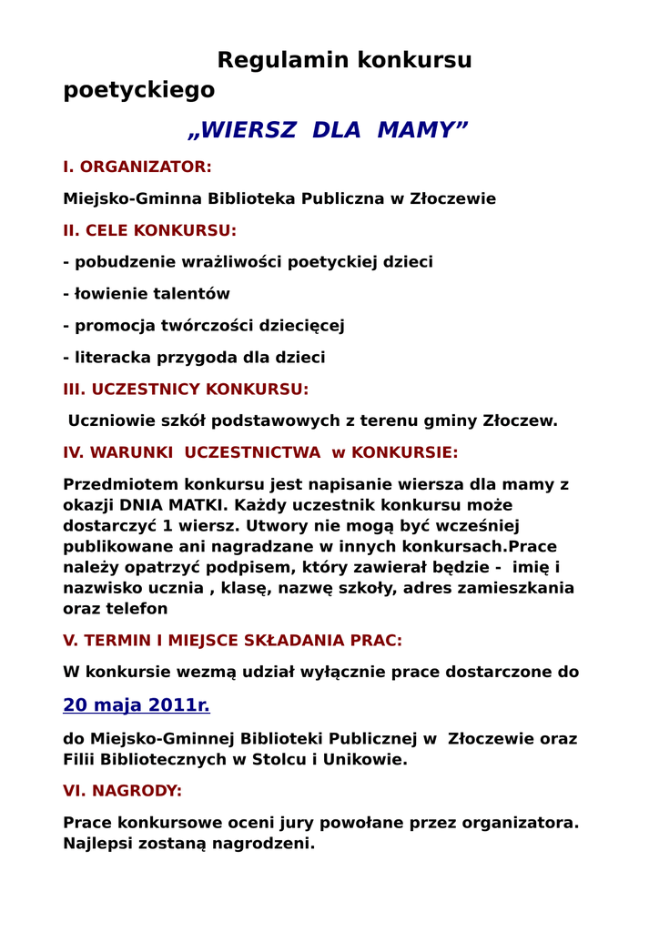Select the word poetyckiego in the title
[139, 90]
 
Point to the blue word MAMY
[421, 130]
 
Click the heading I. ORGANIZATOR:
[137, 167]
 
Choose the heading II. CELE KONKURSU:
[149, 230]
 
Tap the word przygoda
[183, 358]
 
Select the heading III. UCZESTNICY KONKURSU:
[186, 390]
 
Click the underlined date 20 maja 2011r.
[137, 705]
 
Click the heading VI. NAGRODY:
[122, 791]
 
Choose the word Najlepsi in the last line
[99, 844]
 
